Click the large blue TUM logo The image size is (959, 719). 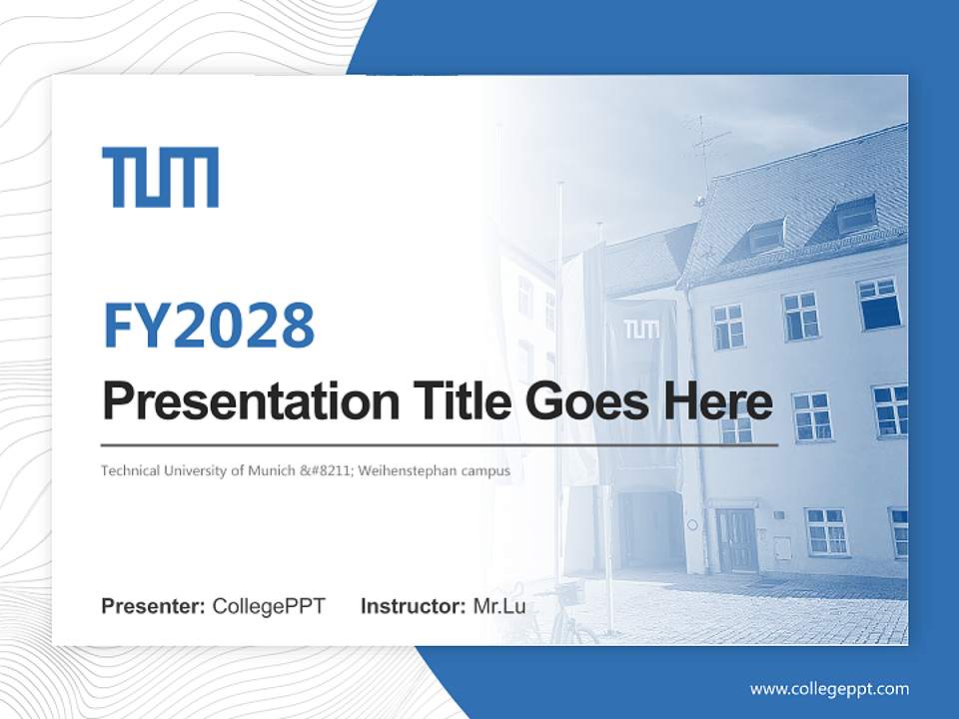tap(160, 178)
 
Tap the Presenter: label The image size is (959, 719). tap(154, 606)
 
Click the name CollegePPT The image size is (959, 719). tap(269, 606)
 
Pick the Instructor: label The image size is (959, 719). tap(413, 606)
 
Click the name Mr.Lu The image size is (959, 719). tap(499, 606)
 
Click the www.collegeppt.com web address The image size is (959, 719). tap(829, 689)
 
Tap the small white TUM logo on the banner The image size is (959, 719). tap(641, 330)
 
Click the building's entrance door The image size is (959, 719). tap(737, 539)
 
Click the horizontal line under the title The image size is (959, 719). tap(440, 444)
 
